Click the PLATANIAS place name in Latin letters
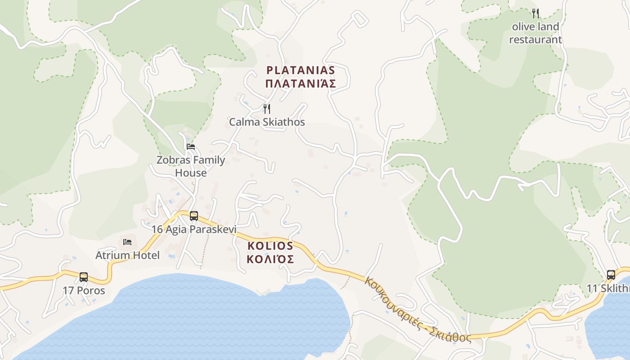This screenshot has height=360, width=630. pos(301,70)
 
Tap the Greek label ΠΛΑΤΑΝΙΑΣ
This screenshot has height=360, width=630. pos(301,84)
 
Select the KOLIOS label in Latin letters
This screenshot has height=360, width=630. pos(270,246)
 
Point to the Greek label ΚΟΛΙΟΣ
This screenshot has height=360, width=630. pos(270,259)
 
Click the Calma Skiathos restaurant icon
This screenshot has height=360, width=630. pos(267,108)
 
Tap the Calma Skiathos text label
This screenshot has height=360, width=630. pos(267,122)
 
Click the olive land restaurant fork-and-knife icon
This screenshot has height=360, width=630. pos(535,13)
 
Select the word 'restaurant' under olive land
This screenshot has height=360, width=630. pos(535,40)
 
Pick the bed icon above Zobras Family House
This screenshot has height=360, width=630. pos(191,147)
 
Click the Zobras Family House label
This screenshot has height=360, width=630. pos(191,166)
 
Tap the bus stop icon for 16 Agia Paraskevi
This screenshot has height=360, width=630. pos(194,216)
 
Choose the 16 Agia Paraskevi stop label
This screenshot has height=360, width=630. pos(194,229)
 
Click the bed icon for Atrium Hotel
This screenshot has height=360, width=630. pos(127,242)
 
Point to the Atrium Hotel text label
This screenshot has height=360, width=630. pos(127,256)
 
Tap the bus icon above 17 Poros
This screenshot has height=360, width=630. pos(84,277)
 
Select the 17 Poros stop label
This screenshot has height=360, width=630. pos(84,290)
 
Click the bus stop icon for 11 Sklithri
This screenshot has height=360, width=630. pos(611,274)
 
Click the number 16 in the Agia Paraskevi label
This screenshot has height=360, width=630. pos(157,229)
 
